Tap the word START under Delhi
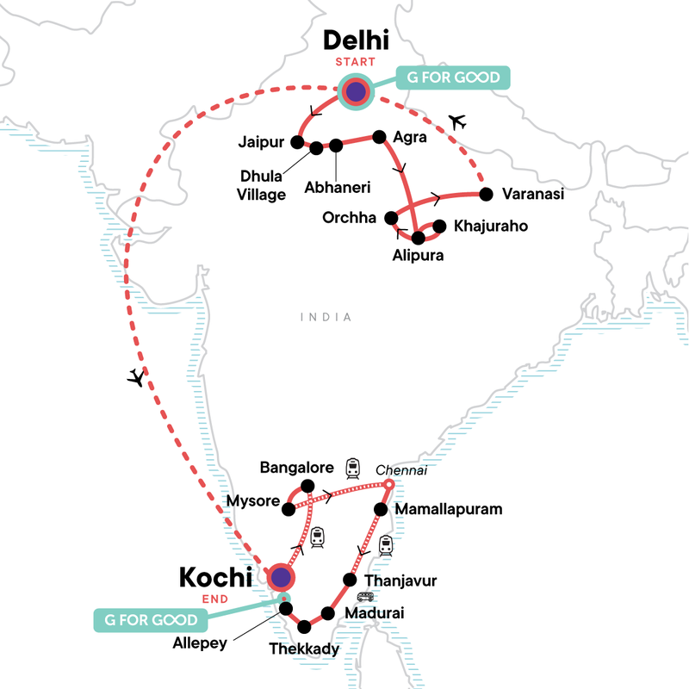[355, 62]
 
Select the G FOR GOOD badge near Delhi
[453, 78]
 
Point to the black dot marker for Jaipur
[297, 142]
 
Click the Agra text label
[408, 136]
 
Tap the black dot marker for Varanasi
[485, 193]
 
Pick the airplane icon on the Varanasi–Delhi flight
[457, 122]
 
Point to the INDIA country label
[326, 317]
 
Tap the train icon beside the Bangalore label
[353, 468]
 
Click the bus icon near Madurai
[365, 598]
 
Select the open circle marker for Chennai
[388, 487]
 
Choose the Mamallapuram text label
[448, 509]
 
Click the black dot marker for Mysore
[289, 508]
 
